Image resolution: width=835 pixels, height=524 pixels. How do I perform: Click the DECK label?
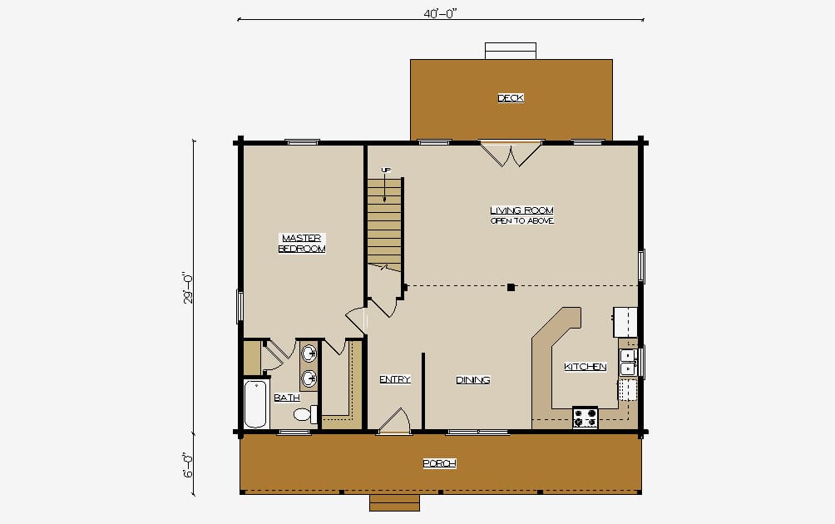[x=511, y=97]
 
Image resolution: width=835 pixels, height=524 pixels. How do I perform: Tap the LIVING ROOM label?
[x=522, y=210]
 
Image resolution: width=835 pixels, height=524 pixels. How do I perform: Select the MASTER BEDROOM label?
[x=301, y=244]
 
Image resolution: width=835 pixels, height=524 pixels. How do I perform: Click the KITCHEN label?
[x=585, y=366]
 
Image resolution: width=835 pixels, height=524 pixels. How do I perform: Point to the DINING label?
[x=473, y=379]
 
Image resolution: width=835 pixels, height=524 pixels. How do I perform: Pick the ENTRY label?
[x=394, y=379]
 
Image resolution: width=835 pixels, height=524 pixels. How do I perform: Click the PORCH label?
[x=439, y=463]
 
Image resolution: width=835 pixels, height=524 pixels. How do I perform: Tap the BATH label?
[x=286, y=398]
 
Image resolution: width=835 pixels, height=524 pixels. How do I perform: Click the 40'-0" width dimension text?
[x=441, y=14]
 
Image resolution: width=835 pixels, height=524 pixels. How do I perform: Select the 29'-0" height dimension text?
[x=187, y=288]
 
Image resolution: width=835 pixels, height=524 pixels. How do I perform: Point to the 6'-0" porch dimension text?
[x=187, y=466]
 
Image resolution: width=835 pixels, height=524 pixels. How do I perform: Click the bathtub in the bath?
[x=255, y=403]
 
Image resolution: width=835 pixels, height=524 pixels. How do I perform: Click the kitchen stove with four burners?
[x=585, y=418]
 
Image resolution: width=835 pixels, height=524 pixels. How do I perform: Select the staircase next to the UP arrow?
[x=384, y=224]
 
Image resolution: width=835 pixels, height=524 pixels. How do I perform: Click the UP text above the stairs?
[x=386, y=170]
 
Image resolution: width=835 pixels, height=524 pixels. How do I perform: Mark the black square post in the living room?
[x=511, y=288]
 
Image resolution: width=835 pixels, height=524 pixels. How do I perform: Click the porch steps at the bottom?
[x=394, y=502]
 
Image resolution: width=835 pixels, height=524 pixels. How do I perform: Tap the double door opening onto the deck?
[x=511, y=154]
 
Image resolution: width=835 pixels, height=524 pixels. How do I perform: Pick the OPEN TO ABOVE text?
[x=522, y=220]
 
